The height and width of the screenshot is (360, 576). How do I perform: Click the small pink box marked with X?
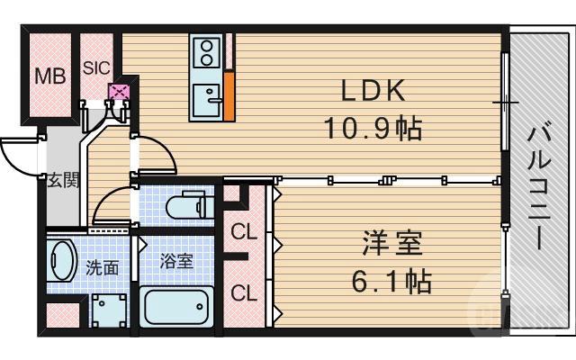(x=119, y=91)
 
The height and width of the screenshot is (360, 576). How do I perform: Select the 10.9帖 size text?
(x=373, y=128)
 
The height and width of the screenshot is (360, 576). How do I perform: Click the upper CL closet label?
(x=244, y=231)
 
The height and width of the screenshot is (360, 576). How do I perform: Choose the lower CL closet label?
(x=244, y=292)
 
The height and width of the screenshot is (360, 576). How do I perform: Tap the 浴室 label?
(x=175, y=262)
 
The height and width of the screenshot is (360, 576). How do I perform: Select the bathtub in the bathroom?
(x=176, y=308)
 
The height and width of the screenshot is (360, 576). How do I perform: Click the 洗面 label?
(x=101, y=267)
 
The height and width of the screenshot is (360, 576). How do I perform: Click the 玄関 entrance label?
(x=63, y=179)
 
